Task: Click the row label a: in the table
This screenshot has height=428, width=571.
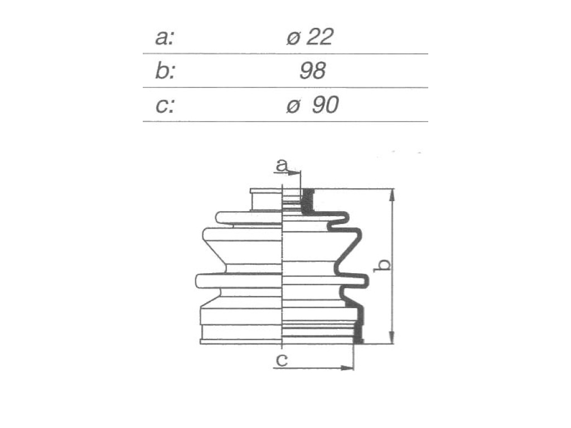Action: point(164,37)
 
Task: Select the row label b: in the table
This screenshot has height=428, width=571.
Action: point(164,71)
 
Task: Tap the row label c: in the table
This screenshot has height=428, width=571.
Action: point(165,105)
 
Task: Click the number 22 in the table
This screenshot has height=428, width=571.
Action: point(320,37)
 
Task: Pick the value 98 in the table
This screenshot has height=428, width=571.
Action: point(312,71)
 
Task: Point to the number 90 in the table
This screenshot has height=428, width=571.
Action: point(325,105)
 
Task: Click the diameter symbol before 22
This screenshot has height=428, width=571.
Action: point(293,38)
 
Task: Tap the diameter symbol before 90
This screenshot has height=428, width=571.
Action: point(293,106)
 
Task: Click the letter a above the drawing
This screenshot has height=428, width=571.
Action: point(282,164)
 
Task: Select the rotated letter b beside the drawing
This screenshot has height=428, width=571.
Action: point(383,265)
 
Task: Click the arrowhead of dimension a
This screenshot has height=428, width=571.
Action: point(294,173)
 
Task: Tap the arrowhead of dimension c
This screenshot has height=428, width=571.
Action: point(347,368)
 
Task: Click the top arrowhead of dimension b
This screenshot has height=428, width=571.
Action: point(391,196)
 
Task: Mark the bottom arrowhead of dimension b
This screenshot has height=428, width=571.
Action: point(391,337)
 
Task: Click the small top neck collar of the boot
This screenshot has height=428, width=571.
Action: point(266,200)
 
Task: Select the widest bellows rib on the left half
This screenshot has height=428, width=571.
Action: point(239,281)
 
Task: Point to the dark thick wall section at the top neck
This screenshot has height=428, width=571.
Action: point(308,201)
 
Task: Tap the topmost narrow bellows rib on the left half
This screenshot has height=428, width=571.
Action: point(249,217)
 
